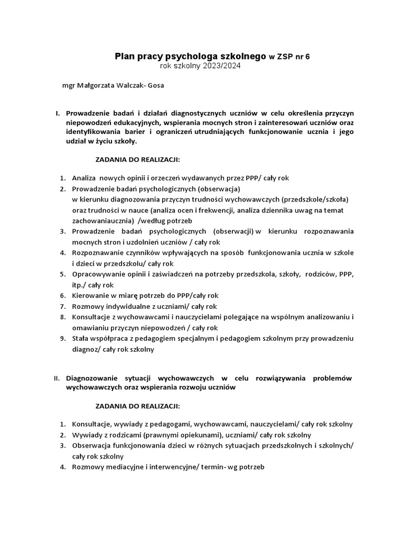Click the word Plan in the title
(124, 56)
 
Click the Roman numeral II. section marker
(58, 378)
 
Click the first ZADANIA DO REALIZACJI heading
(137, 159)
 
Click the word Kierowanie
(91, 296)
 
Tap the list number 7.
(62, 307)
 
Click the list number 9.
(62, 339)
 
